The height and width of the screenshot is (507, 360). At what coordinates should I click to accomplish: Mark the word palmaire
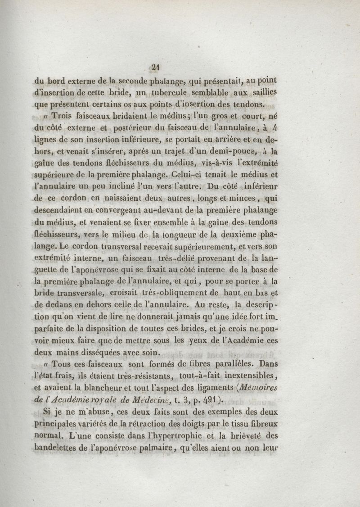tap(152, 447)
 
